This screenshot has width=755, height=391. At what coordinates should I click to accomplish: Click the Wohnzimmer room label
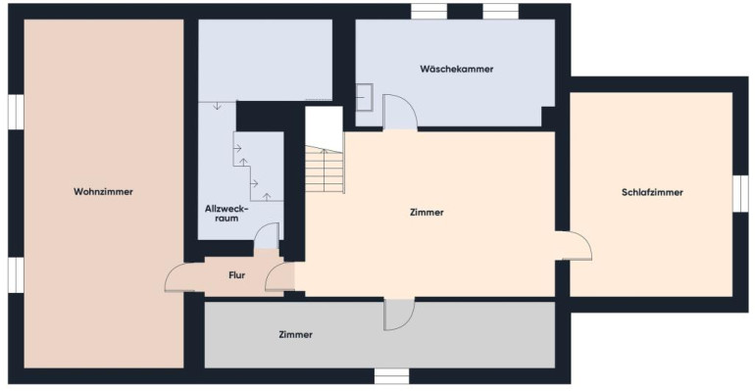pos(103,191)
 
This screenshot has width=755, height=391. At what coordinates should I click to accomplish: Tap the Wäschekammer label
pos(457,69)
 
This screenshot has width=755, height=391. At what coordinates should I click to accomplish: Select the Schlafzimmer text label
pos(652,192)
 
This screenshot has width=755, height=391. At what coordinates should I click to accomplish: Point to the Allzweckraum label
pos(226,214)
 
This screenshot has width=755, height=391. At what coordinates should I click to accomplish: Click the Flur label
pos(237,275)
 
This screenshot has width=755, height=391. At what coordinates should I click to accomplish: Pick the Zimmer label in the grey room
pos(296,334)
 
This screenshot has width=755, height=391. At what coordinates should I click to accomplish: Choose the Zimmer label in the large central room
pos(427,212)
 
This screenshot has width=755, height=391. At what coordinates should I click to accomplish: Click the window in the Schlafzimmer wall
pos(740,193)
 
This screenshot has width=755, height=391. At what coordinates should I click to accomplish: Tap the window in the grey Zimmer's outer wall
pos(391,376)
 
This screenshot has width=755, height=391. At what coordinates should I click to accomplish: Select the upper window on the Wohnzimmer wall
pos(16,112)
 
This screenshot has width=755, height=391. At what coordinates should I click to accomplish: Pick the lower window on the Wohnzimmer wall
pos(16,274)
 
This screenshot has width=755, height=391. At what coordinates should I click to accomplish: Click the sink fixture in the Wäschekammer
pos(364,98)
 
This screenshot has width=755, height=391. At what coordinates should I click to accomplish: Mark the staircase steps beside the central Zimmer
pos(325,169)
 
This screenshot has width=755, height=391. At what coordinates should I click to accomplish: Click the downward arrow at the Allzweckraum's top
pos(217,105)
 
